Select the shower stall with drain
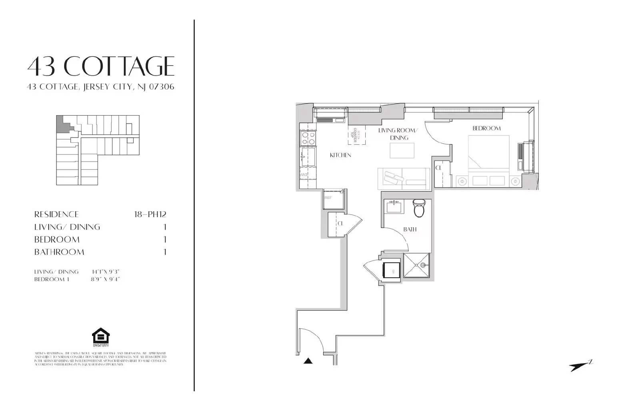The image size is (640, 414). [416, 265]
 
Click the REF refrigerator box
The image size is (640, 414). [333, 199]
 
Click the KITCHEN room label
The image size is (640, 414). [340, 155]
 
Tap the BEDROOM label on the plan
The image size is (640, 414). [486, 128]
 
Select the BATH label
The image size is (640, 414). [410, 229]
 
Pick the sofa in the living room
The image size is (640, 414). [403, 179]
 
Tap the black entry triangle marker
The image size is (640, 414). [308, 361]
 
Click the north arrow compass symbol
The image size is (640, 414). [580, 366]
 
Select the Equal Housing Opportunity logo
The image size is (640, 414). [100, 338]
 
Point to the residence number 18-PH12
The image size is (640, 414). [150, 214]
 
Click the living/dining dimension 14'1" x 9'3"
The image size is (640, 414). [106, 272]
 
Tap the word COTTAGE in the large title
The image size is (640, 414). [119, 66]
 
